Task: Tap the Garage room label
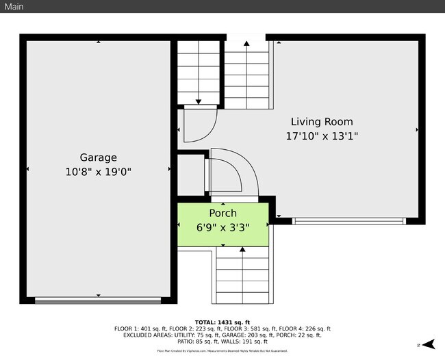98,157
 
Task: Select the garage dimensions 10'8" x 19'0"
98,172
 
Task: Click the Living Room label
322,122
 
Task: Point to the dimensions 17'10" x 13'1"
322,136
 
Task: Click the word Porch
222,214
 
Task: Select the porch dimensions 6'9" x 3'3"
222,227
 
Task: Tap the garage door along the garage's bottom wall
98,300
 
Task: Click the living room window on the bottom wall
349,221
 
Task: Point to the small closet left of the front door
190,177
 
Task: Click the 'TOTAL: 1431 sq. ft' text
222,322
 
